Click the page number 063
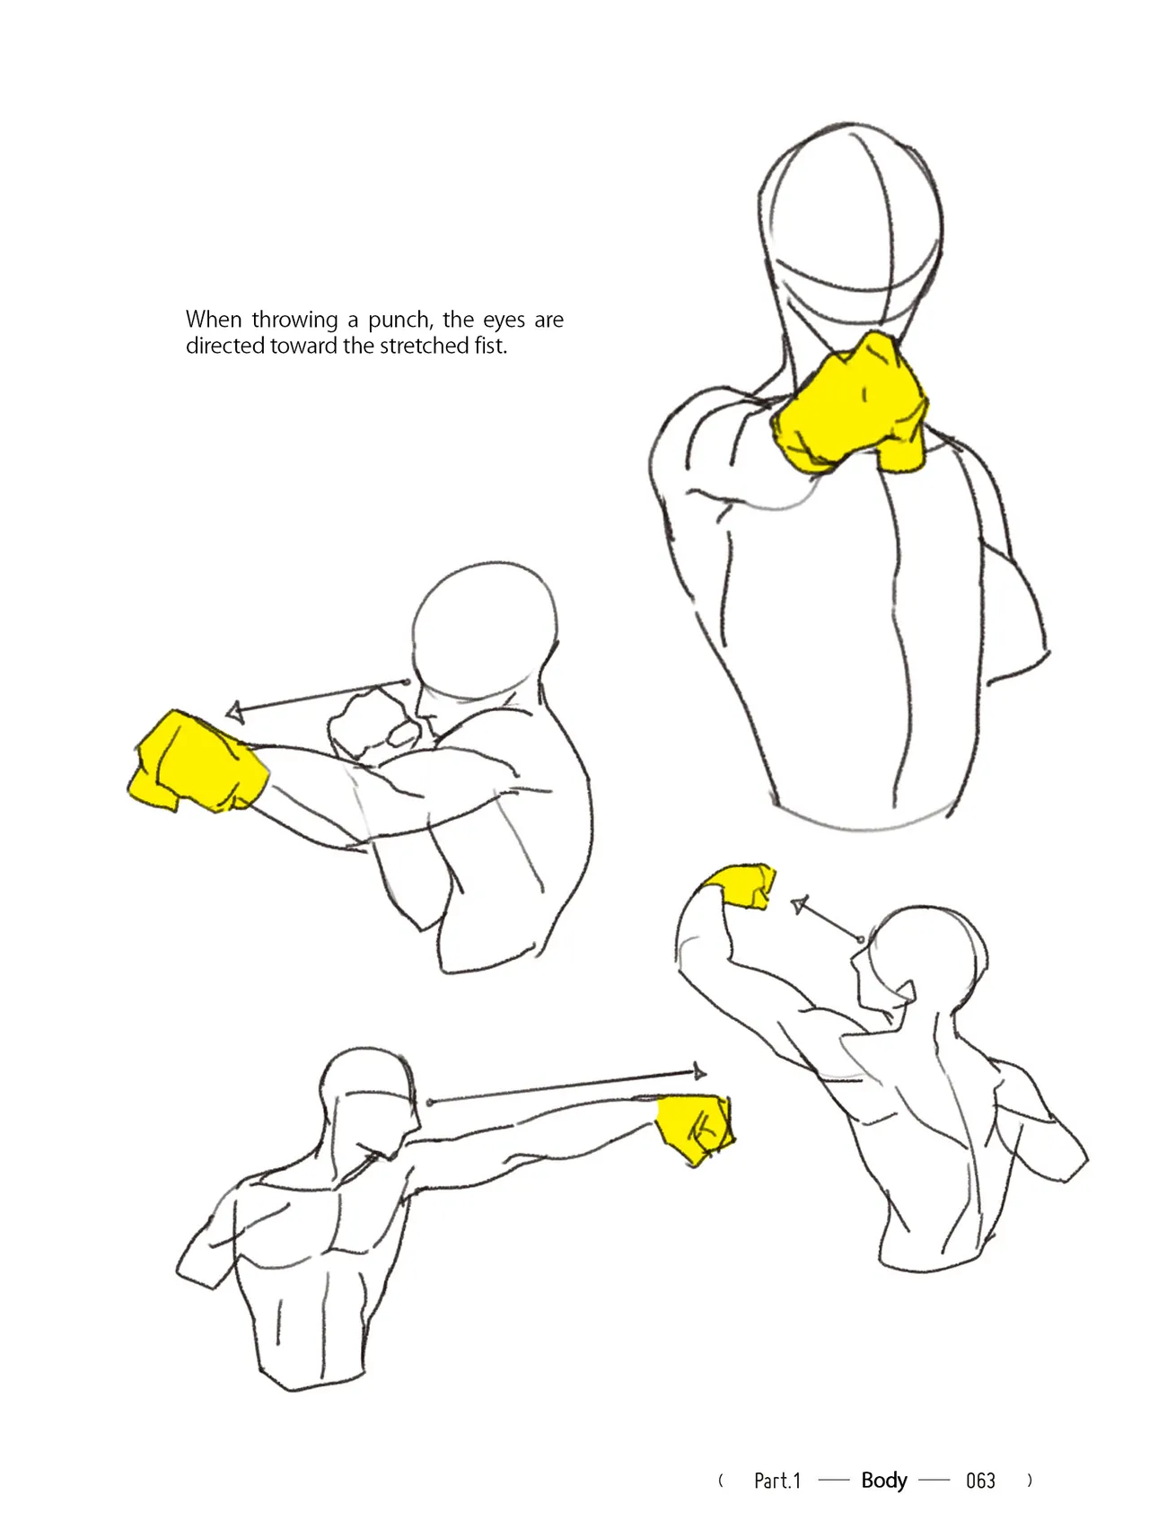[x=980, y=1481]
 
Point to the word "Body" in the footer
[x=884, y=1481]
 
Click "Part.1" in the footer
[x=777, y=1481]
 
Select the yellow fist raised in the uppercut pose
[x=739, y=885]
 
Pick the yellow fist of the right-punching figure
[x=695, y=1127]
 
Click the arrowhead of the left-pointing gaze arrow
[x=235, y=712]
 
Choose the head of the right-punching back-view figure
[x=368, y=1103]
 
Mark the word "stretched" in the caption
[x=425, y=346]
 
